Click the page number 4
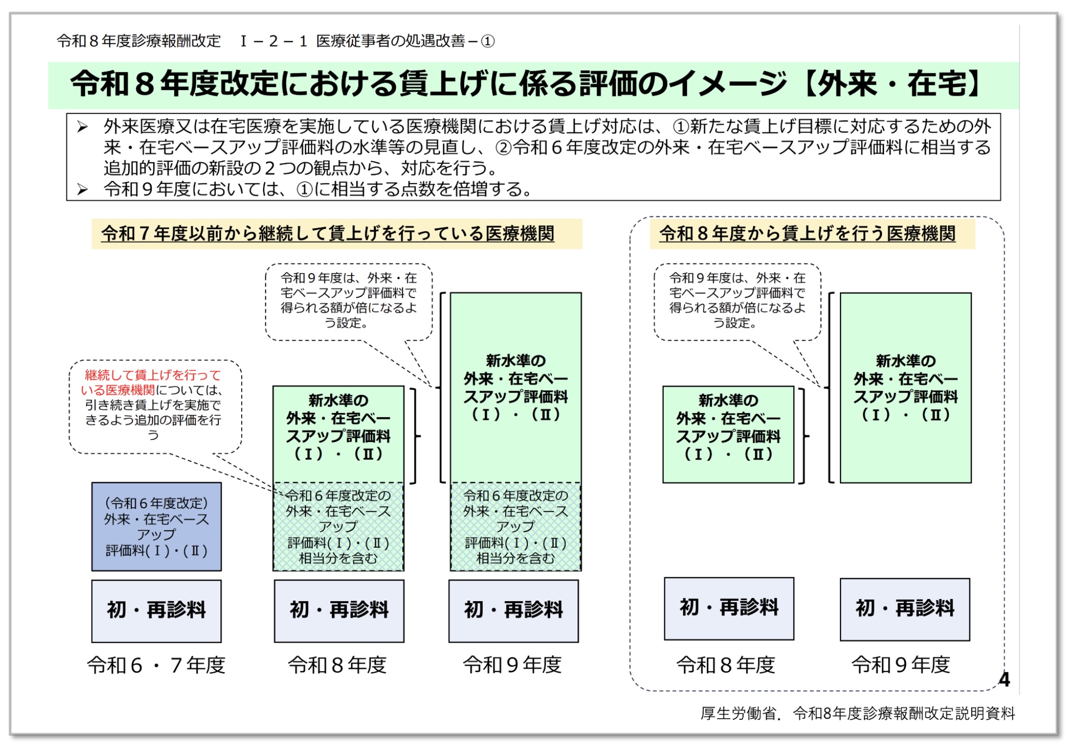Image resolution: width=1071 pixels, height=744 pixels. point(1004,679)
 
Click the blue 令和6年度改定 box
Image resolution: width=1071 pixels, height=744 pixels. point(157,526)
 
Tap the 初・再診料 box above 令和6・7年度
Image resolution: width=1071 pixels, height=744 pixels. point(157,611)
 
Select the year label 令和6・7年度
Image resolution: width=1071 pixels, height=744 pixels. point(156,665)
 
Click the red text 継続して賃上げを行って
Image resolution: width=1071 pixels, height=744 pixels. point(153,375)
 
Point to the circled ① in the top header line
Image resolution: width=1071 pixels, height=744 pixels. point(487,41)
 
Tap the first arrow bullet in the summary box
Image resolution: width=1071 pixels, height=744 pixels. point(83,127)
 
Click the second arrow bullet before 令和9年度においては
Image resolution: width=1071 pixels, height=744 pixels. point(83,190)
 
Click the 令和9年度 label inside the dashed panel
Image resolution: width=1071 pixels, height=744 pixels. point(901,664)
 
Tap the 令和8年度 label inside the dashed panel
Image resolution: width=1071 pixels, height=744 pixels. point(726,664)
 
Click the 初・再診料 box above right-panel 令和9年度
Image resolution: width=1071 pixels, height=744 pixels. point(905,609)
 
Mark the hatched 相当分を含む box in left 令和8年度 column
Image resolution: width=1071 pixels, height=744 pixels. point(338,527)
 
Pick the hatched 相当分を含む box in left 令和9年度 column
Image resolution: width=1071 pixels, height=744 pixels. point(516,527)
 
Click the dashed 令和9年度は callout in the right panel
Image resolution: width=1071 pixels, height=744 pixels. point(737,302)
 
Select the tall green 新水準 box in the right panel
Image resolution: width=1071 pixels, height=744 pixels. point(906,388)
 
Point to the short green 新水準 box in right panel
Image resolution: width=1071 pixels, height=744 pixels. point(729,434)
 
